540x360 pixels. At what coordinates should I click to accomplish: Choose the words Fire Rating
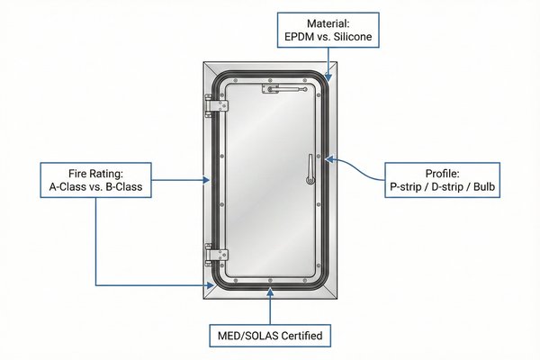[x=96, y=172]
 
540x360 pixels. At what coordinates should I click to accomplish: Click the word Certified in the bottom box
[x=301, y=337]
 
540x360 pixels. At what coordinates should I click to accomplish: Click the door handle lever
[x=309, y=168]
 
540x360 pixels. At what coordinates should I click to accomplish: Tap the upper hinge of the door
[x=215, y=106]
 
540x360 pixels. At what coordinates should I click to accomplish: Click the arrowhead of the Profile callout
[x=328, y=158]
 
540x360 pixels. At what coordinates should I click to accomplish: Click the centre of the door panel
[x=270, y=180]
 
